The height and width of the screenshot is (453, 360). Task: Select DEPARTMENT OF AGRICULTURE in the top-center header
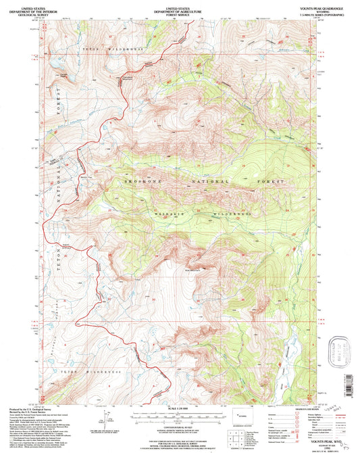(180, 7)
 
